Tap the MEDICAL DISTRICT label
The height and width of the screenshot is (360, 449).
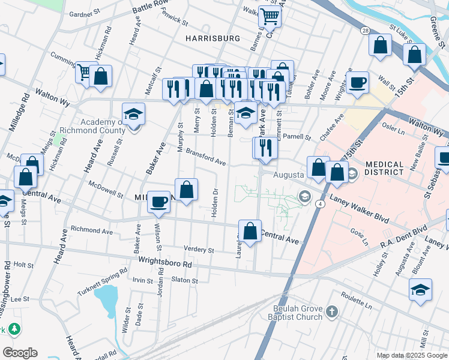[384, 168]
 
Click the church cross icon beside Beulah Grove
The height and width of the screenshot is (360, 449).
[332, 311]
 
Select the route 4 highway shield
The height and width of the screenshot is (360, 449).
[322, 205]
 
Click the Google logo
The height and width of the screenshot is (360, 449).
[20, 353]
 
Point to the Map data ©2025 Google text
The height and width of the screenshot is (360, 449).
[411, 355]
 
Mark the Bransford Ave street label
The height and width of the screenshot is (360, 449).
[205, 157]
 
